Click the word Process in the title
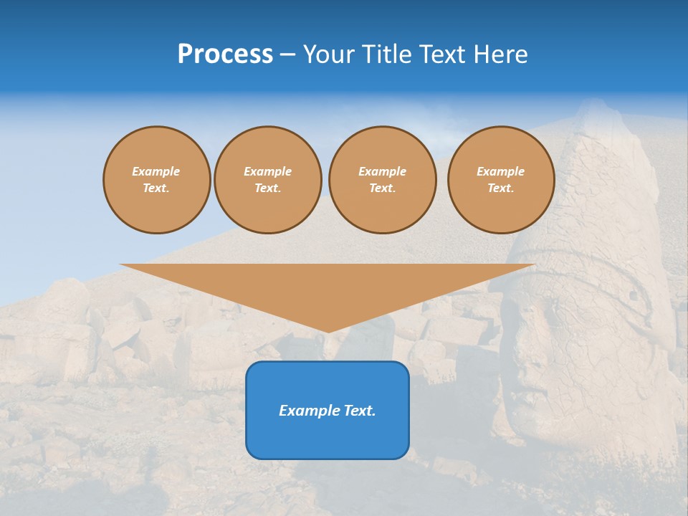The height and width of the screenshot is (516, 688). coord(225,54)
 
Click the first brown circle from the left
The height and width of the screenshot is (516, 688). coord(157,180)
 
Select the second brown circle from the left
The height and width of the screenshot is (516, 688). coord(268,180)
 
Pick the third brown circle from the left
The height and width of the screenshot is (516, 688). coord(383,180)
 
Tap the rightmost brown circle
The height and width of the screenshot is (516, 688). coord(501,180)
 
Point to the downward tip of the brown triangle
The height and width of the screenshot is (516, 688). coord(328,331)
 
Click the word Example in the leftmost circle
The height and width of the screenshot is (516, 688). coord(156,171)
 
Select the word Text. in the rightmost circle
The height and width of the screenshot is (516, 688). coord(501,188)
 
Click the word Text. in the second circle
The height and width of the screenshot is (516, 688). coord(268,188)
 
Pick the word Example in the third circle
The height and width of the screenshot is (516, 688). coord(383,171)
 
